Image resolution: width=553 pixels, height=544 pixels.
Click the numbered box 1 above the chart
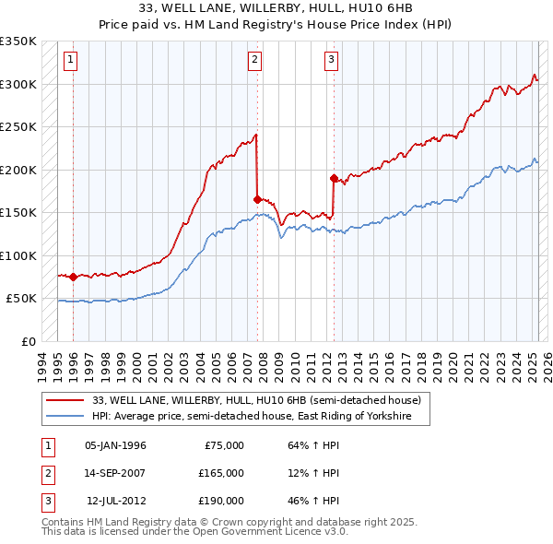71,61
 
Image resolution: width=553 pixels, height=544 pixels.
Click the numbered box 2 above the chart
254,61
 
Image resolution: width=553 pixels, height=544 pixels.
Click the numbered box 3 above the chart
331,61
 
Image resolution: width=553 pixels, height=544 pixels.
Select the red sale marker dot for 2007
257,198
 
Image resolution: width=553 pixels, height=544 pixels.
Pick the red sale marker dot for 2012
334,177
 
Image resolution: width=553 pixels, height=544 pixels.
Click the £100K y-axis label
18,255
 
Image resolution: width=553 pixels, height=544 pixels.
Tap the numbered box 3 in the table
46,501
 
